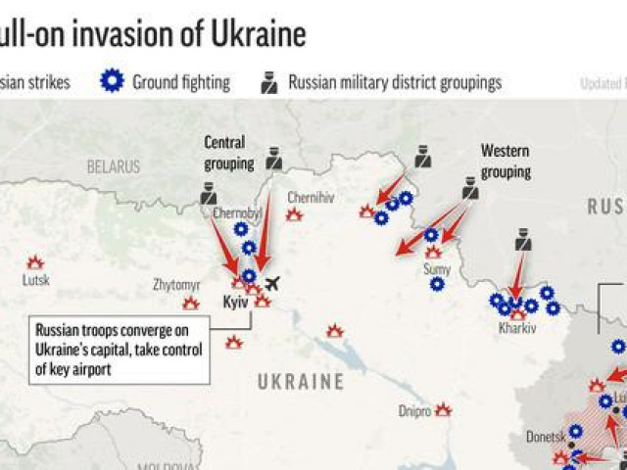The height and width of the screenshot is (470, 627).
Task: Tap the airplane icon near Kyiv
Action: [271, 284]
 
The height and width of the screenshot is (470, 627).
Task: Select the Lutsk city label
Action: [35, 280]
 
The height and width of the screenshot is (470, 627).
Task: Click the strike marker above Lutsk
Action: [35, 262]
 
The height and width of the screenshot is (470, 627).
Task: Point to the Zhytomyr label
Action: [176, 285]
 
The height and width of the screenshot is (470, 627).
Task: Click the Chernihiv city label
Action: [313, 198]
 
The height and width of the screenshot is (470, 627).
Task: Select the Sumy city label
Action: [437, 267]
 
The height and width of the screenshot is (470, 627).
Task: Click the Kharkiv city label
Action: [517, 329]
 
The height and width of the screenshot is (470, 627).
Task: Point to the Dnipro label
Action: [414, 411]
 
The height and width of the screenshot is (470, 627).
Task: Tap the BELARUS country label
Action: [113, 167]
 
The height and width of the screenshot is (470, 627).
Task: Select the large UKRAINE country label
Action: [301, 382]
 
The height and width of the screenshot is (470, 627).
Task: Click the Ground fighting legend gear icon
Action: [112, 82]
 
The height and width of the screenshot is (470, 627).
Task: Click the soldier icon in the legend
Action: [269, 82]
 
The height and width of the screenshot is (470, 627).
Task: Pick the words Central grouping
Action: [228, 152]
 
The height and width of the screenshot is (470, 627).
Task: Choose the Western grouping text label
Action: [506, 162]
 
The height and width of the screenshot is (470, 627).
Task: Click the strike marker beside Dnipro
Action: [443, 409]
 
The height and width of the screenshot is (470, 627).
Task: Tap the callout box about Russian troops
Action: [119, 349]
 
